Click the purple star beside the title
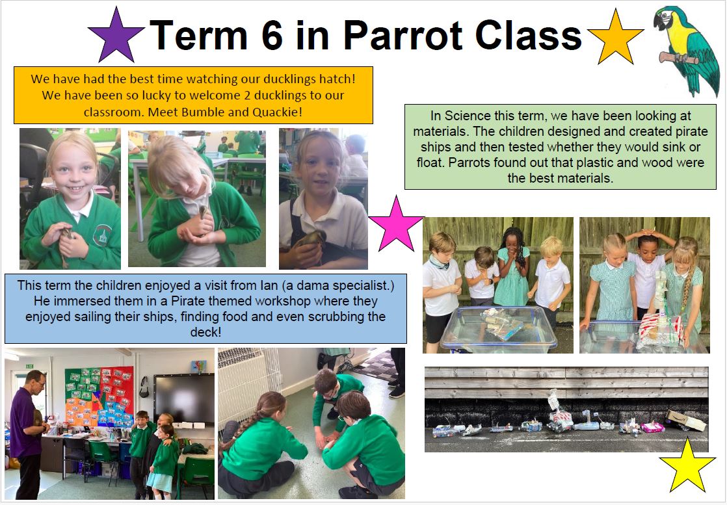[116, 36]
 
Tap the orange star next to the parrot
[616, 38]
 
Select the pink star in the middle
[397, 225]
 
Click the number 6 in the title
[272, 35]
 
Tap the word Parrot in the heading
[403, 35]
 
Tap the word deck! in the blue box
[206, 332]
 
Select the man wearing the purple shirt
[27, 434]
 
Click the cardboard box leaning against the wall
[686, 420]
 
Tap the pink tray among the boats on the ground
[653, 427]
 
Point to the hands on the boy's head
[649, 233]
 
